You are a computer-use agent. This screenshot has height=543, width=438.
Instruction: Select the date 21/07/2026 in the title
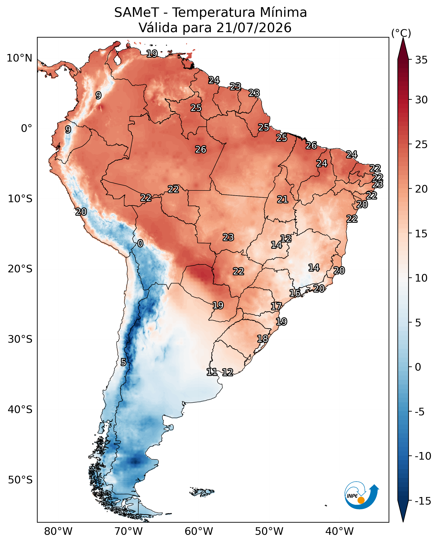coord(254,28)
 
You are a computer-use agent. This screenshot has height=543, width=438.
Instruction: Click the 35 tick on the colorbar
coord(421,60)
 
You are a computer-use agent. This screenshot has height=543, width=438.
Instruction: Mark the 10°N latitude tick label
coord(19,58)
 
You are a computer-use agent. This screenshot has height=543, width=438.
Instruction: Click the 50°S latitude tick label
coord(20,480)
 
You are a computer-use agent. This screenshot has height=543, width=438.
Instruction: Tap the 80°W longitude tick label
coord(58,531)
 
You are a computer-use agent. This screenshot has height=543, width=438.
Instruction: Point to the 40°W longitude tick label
coord(339,531)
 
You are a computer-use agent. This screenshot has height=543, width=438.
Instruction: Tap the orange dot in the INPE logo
coord(361,500)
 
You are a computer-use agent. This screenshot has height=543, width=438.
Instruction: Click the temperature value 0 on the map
coord(140,243)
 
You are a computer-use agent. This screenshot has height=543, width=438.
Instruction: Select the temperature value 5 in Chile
coord(123,362)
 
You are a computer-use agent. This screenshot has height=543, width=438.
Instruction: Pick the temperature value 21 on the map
coord(283,199)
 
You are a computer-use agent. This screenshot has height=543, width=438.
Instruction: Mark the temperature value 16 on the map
coord(295,293)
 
